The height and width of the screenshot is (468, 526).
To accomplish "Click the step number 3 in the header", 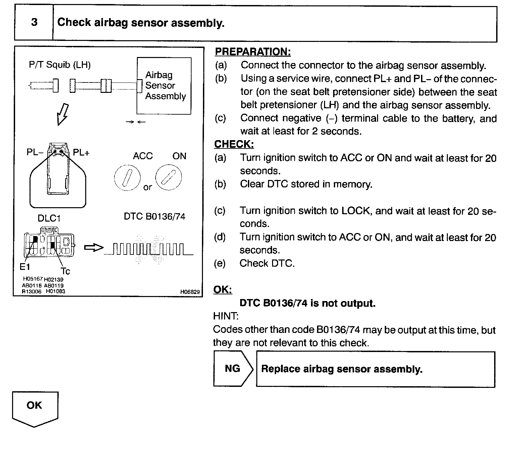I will (34, 22).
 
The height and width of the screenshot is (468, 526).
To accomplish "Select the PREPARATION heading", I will (253, 52).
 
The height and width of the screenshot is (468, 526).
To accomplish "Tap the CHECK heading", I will (234, 144).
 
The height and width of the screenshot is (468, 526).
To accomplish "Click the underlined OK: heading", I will (222, 290).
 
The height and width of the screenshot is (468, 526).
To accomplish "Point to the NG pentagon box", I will (232, 369).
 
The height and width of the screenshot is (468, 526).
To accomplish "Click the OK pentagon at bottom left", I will (35, 407).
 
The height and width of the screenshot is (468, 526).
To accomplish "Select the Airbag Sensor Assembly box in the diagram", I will (164, 86).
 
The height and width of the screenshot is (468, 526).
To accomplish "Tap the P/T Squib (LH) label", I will (60, 65).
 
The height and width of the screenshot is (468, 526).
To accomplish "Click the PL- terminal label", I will (35, 153).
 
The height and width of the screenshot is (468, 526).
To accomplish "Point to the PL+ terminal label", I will (81, 153).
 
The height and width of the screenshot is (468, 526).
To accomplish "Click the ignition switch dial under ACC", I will (127, 178).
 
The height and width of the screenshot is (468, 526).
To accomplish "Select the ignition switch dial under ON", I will (168, 178).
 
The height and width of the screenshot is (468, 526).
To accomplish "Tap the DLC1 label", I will (49, 219).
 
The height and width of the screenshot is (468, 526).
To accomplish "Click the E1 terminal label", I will (25, 267).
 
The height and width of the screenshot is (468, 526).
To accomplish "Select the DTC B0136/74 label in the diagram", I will (154, 217).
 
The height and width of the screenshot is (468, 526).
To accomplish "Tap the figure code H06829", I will (190, 292).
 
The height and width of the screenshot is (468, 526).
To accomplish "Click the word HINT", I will (226, 316).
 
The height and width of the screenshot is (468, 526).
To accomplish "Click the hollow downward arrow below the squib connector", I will (63, 114).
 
